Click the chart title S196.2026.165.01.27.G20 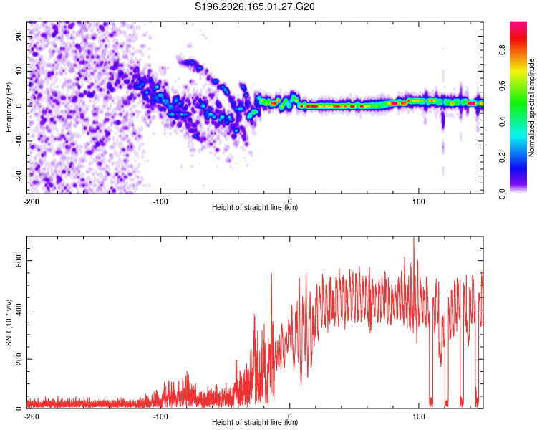coord(254,6)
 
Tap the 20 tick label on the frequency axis coord(19,36)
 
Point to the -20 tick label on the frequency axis coord(19,176)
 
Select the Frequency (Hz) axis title coord(9,107)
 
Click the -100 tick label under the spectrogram coord(160,201)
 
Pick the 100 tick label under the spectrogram coord(419,201)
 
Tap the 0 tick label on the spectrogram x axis coord(290,201)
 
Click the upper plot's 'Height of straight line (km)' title coord(255,207)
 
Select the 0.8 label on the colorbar coord(502,50)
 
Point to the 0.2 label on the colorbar coord(502,158)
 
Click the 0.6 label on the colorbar coord(502,86)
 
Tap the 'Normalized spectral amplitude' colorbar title coord(531,107)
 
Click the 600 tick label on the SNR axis coord(19,261)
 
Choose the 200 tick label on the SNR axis coord(19,359)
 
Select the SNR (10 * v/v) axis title coord(9,322)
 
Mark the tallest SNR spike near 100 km coord(414,239)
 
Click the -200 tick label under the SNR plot coord(32,416)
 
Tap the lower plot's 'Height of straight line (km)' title coord(255,422)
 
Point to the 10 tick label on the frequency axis coord(19,71)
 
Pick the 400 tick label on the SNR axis coord(19,310)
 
